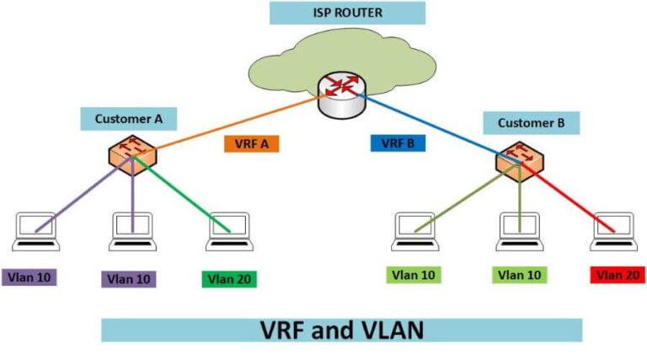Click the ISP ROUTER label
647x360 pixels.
[347, 13]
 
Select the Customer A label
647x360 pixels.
[129, 119]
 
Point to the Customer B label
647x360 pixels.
[531, 124]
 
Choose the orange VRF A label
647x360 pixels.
[251, 143]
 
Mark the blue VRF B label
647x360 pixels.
[398, 143]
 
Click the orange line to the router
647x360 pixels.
[227, 126]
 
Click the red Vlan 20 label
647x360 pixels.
[617, 275]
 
